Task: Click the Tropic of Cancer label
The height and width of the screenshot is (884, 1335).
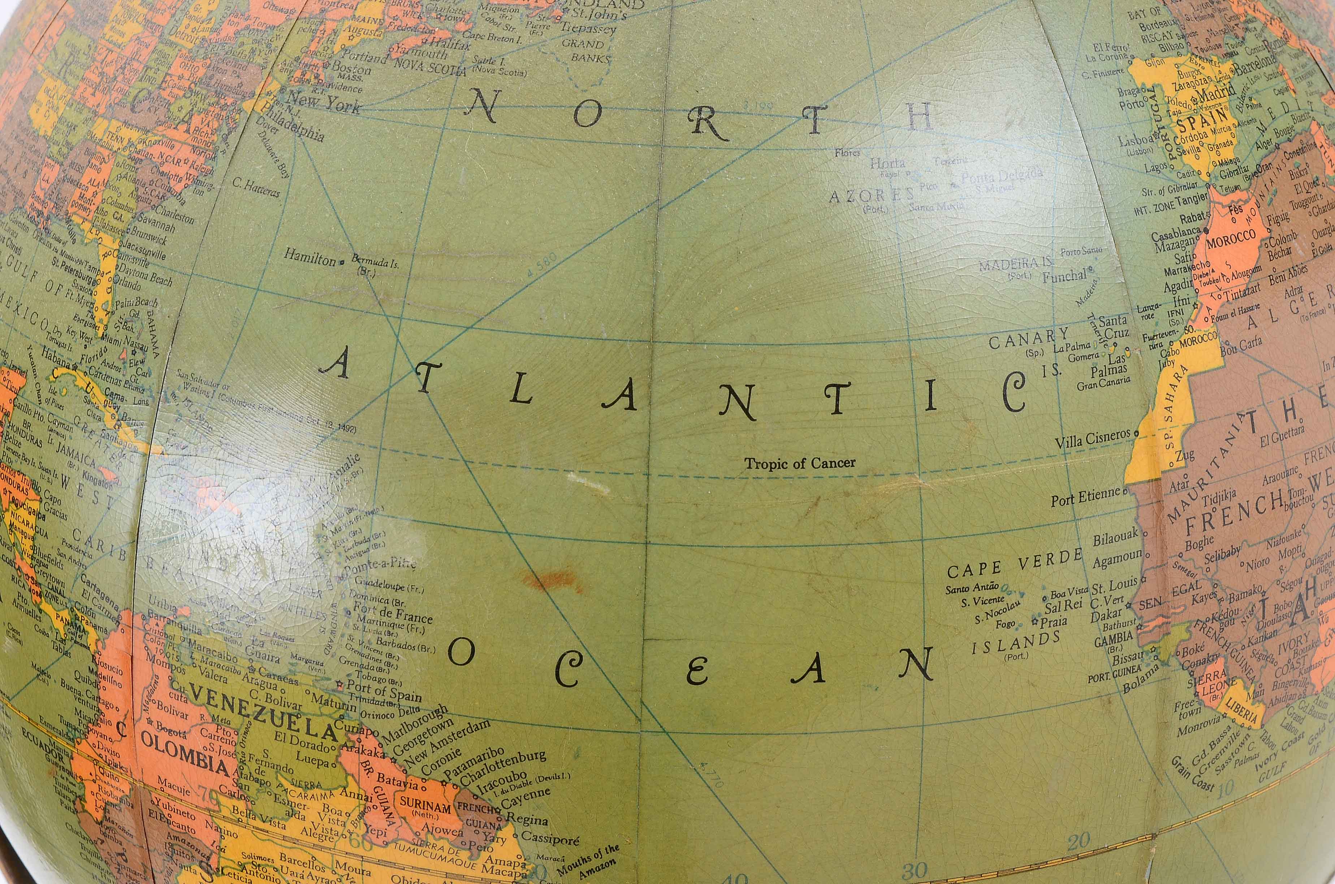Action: pos(799,463)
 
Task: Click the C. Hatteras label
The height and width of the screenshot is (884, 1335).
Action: pos(256,187)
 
